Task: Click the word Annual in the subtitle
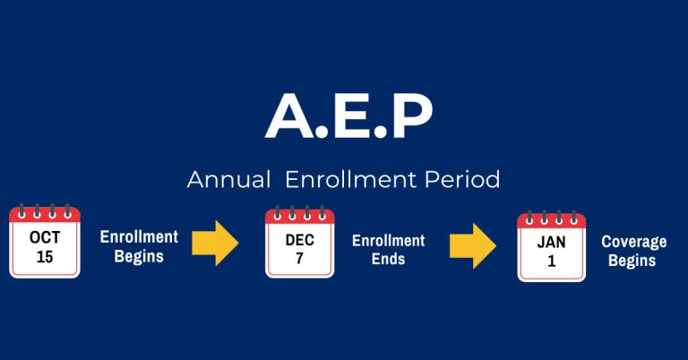tap(228, 179)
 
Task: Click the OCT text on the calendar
tap(45, 237)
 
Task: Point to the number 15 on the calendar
tap(45, 256)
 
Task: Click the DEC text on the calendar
tap(300, 240)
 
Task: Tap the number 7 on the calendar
tap(300, 258)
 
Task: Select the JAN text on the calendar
tap(552, 244)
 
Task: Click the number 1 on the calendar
tap(552, 262)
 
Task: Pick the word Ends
tap(388, 259)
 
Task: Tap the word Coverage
tap(635, 242)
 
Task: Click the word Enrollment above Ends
tap(388, 240)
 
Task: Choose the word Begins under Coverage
tap(635, 261)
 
